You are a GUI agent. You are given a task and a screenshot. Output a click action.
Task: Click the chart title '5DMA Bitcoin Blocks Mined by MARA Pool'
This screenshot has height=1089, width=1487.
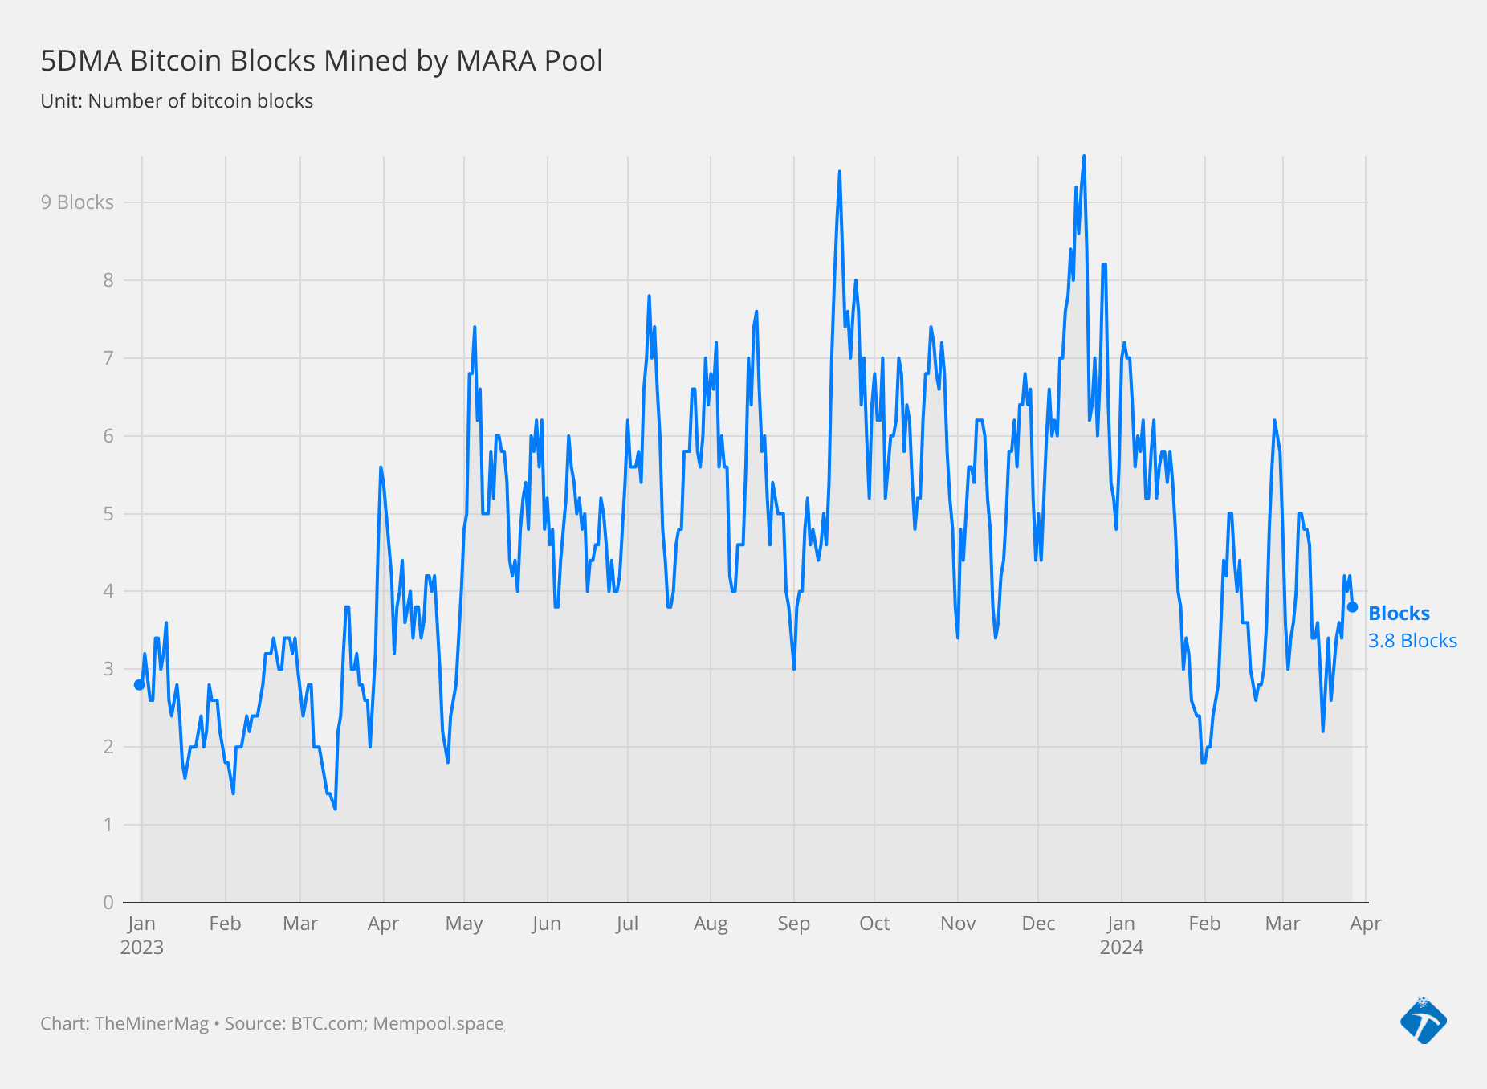pyautogui.click(x=321, y=61)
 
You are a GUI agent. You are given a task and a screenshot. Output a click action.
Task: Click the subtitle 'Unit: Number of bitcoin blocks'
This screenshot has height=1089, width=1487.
pyautogui.click(x=177, y=101)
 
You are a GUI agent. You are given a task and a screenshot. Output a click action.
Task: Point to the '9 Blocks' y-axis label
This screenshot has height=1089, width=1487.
pyautogui.click(x=77, y=202)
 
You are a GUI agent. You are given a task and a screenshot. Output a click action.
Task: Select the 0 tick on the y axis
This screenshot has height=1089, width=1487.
pyautogui.click(x=108, y=902)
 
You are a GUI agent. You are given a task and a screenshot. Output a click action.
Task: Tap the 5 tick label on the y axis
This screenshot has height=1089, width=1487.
pyautogui.click(x=108, y=513)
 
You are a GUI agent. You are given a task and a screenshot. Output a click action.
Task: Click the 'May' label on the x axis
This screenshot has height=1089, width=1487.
pyautogui.click(x=464, y=924)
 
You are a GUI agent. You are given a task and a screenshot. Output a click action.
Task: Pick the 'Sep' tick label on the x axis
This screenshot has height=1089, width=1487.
pyautogui.click(x=793, y=924)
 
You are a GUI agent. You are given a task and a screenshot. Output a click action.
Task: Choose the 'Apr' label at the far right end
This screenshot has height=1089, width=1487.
pyautogui.click(x=1365, y=924)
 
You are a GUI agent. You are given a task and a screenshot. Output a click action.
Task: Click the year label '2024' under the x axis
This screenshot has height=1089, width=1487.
pyautogui.click(x=1121, y=948)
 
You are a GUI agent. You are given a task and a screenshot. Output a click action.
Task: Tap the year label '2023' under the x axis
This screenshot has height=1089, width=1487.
pyautogui.click(x=142, y=948)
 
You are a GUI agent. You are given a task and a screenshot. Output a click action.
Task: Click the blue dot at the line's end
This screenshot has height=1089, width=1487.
pyautogui.click(x=1352, y=607)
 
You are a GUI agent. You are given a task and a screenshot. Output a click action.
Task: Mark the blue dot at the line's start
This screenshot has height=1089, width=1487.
pyautogui.click(x=140, y=684)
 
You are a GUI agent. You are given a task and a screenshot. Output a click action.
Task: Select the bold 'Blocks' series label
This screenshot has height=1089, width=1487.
pyautogui.click(x=1399, y=614)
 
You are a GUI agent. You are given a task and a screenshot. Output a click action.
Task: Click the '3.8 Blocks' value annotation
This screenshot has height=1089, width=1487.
pyautogui.click(x=1412, y=641)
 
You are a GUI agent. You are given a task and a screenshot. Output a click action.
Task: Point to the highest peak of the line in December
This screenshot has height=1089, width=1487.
pyautogui.click(x=1084, y=157)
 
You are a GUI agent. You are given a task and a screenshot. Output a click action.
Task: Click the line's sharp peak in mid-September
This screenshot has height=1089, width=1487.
pyautogui.click(x=839, y=172)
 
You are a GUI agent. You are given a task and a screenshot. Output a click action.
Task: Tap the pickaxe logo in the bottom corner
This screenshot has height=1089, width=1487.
pyautogui.click(x=1424, y=1021)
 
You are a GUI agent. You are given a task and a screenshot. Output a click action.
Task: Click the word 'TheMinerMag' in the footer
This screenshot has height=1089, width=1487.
pyautogui.click(x=152, y=1024)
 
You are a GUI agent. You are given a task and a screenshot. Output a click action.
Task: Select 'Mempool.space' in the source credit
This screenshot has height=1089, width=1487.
pyautogui.click(x=438, y=1024)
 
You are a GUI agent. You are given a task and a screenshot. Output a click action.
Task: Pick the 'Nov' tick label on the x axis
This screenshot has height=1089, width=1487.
pyautogui.click(x=958, y=924)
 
